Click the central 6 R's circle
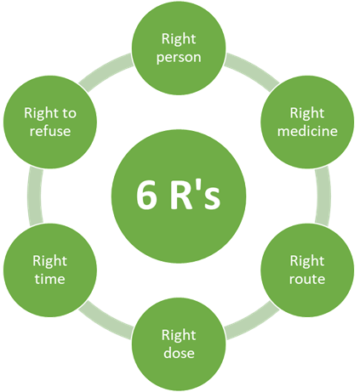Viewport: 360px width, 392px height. click(178, 195)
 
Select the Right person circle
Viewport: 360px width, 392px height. click(178, 48)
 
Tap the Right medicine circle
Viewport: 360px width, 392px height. click(306, 122)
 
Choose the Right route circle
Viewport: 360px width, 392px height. click(306, 269)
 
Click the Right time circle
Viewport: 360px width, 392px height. click(49, 269)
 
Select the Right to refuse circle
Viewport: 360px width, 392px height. click(49, 122)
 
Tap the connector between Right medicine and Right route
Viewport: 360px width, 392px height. click(323, 195)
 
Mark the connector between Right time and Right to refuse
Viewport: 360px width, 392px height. click(33, 195)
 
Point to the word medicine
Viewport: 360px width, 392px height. click(306, 131)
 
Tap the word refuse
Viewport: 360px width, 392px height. click(49, 131)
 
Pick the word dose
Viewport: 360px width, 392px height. click(178, 351)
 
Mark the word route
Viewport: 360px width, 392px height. click(306, 278)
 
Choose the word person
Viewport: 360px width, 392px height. click(178, 58)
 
